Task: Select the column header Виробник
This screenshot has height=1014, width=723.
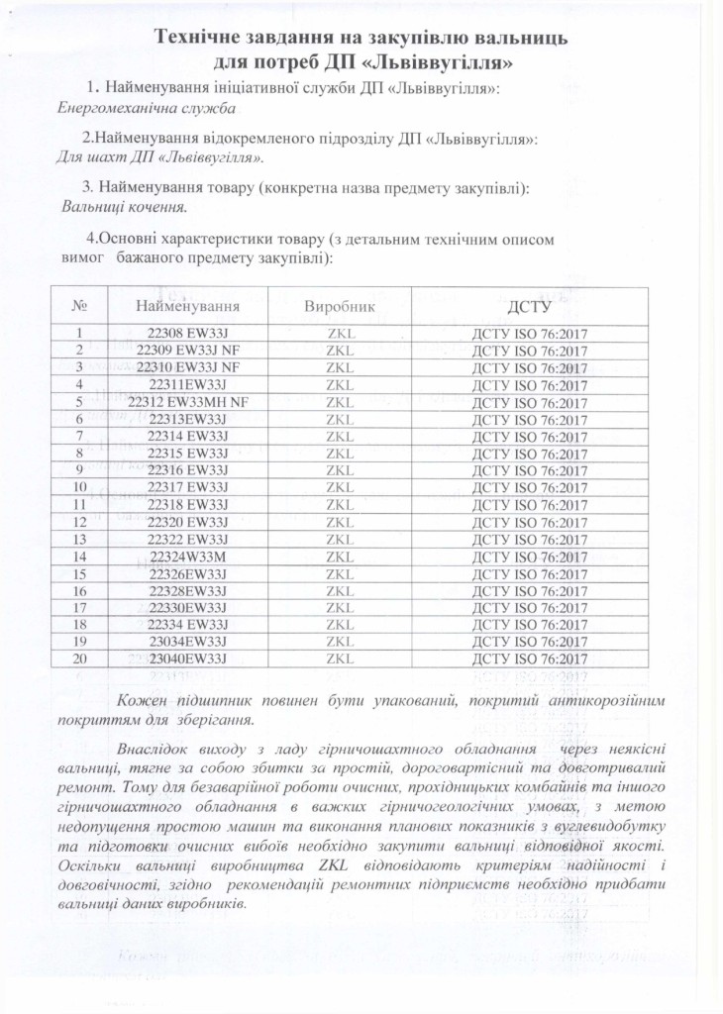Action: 340,306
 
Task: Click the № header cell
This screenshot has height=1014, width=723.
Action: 77,306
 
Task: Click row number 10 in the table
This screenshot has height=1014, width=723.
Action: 77,487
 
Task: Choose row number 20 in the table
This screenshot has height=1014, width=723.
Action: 77,659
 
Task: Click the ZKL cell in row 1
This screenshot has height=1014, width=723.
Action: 340,335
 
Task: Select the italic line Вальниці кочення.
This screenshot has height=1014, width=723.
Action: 123,207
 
